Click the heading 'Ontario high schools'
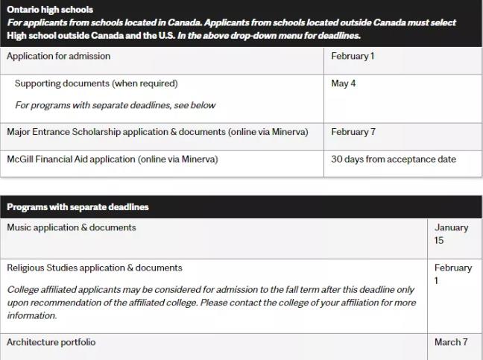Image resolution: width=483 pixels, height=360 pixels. tap(50, 10)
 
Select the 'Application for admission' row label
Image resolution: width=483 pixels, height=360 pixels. tap(58, 56)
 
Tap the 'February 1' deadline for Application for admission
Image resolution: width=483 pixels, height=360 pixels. tap(353, 56)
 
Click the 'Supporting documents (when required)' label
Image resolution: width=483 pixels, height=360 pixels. tap(96, 83)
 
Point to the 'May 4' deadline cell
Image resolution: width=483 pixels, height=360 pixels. tap(344, 83)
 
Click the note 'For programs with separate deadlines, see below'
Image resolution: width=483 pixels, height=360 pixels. tap(115, 105)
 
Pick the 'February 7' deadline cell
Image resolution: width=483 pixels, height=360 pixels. tap(353, 132)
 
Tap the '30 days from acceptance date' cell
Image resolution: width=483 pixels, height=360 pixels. tap(394, 159)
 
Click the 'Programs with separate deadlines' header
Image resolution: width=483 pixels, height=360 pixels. tap(78, 206)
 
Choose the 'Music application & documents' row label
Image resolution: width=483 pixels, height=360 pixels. tap(72, 227)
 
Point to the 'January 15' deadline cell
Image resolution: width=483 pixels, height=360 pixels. tap(451, 234)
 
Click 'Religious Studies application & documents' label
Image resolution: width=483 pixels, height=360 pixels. tap(95, 268)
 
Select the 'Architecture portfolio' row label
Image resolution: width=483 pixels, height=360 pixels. tap(51, 342)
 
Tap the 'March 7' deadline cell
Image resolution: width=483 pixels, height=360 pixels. tap(451, 342)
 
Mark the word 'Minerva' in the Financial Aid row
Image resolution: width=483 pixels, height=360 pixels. tap(203, 159)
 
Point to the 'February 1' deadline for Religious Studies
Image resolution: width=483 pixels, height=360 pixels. tap(452, 274)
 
